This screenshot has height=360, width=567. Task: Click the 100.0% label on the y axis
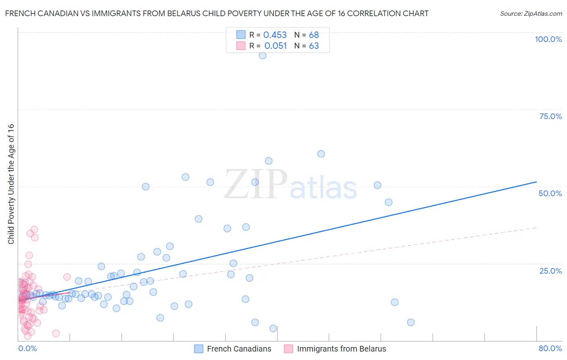click(x=548, y=39)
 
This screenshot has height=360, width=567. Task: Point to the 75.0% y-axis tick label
click(x=550, y=116)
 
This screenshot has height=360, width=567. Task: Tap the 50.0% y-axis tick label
click(x=550, y=193)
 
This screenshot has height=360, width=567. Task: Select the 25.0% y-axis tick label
click(x=550, y=271)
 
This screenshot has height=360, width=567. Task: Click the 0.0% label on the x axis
click(x=27, y=348)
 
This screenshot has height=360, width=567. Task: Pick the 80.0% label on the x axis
click(x=550, y=348)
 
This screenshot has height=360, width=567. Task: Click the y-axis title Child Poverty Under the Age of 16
click(x=11, y=184)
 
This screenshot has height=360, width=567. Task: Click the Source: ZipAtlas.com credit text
click(x=531, y=13)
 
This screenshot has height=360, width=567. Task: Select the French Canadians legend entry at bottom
click(x=239, y=349)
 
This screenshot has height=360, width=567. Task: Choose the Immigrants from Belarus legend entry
click(x=341, y=349)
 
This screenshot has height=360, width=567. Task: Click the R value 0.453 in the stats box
click(x=275, y=35)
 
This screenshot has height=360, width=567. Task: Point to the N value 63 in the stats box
click(x=314, y=46)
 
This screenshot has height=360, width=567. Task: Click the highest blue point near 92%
click(x=263, y=56)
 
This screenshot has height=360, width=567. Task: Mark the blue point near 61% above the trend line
click(x=321, y=154)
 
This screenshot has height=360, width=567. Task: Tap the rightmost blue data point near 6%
click(x=411, y=322)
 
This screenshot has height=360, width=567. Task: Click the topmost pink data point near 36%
click(x=34, y=230)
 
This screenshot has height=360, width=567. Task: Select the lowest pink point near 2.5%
click(x=56, y=333)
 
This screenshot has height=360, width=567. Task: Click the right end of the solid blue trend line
click(x=536, y=182)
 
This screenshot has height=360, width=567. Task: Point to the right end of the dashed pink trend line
click(x=536, y=228)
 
